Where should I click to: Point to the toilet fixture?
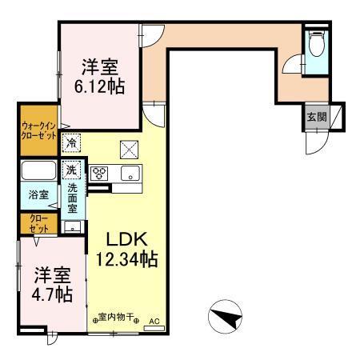point(315,42)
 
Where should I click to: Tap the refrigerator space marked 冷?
point(73,143)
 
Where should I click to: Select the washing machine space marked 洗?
point(72,170)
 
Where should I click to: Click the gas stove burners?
point(100,173)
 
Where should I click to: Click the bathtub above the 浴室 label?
point(38,171)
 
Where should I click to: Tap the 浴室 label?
point(38,194)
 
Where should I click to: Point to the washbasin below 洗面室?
point(72,226)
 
